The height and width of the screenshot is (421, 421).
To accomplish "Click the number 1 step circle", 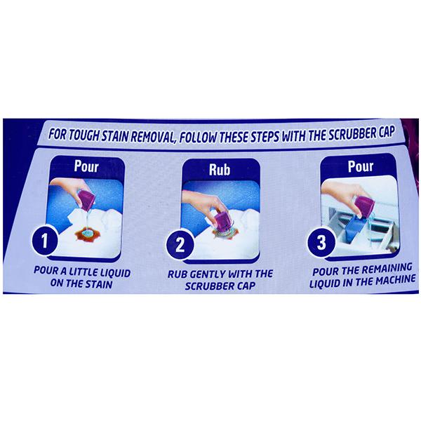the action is point(45,240).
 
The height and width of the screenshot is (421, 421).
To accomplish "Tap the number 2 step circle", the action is point(180,244).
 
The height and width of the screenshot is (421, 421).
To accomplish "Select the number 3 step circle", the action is point(321,242).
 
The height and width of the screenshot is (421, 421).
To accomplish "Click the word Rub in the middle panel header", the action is point(220,170).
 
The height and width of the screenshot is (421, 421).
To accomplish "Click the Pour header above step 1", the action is point(86,166).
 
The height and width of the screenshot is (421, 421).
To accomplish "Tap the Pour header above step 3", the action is point(361,166).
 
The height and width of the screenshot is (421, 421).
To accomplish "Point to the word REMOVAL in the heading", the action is point(152,137).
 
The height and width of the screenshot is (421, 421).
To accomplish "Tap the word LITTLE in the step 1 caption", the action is point(83,272).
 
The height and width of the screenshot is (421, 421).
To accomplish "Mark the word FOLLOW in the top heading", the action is point(198,138).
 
